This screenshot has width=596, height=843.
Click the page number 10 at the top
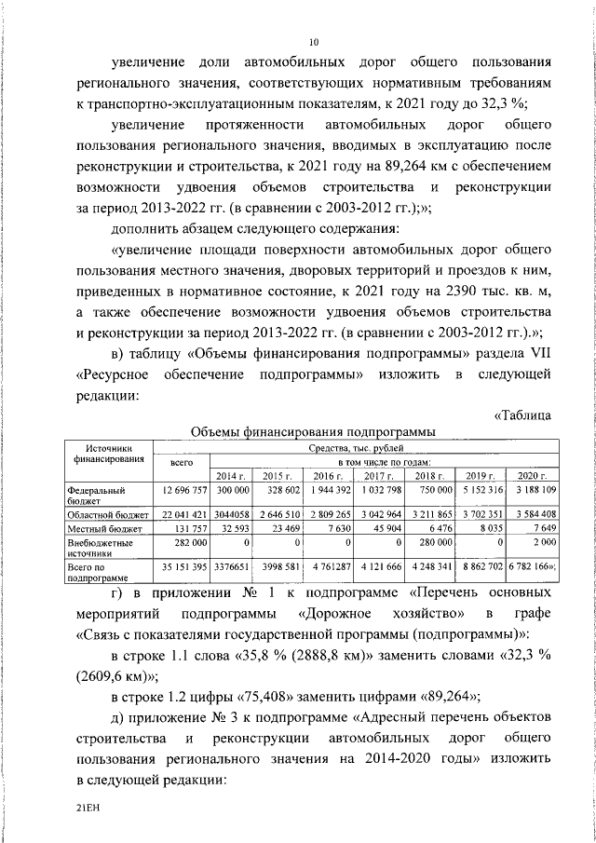tap(314, 42)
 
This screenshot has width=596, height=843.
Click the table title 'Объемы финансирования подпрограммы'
tap(313, 431)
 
